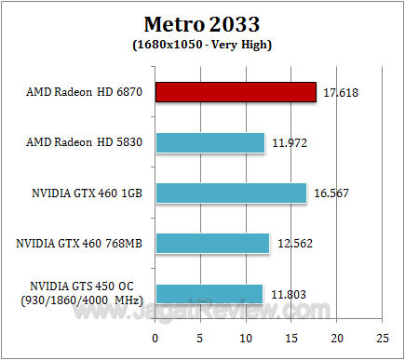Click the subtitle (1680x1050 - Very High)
click(202, 43)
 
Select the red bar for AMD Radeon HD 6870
click(236, 92)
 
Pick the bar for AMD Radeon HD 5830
click(209, 142)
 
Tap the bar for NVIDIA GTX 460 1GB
click(231, 193)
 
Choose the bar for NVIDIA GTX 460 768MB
click(212, 243)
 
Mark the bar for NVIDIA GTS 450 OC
click(209, 293)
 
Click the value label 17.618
click(341, 93)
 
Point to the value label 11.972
click(289, 143)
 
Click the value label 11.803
click(287, 294)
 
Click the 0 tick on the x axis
click(155, 336)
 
